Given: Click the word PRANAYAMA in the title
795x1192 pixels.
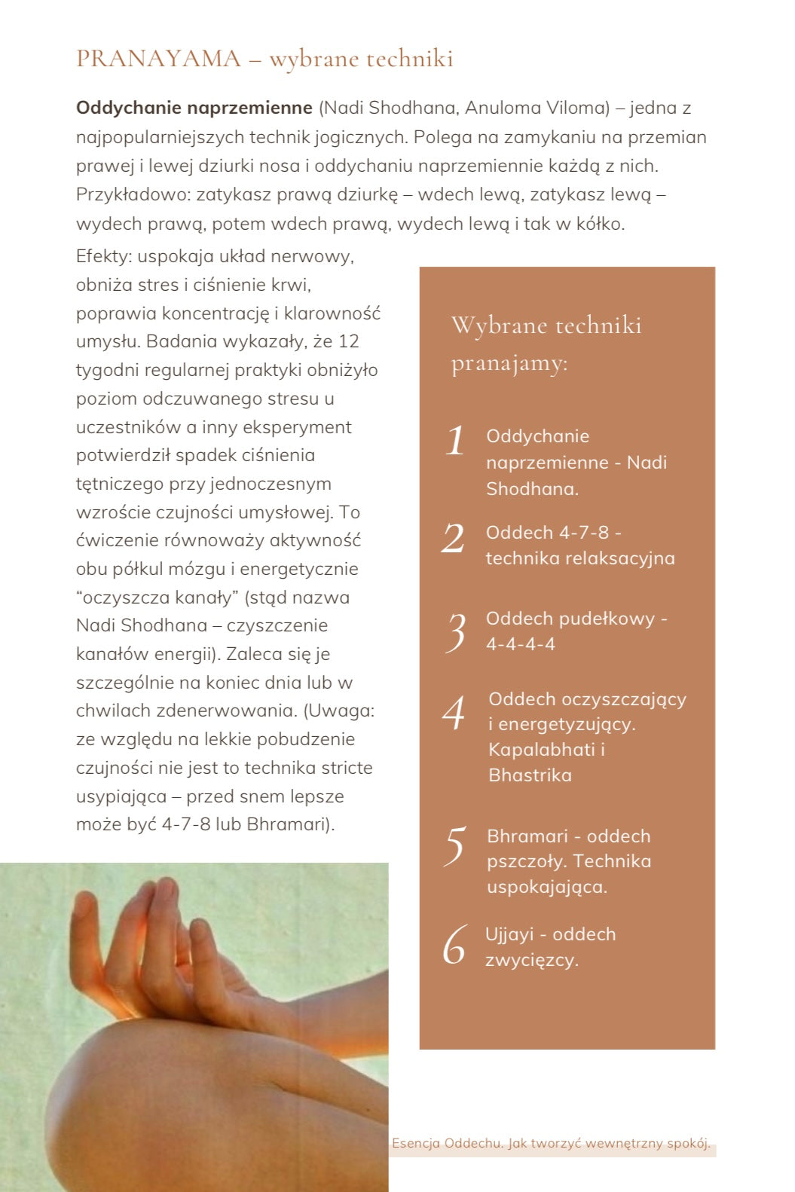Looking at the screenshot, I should coord(158,59).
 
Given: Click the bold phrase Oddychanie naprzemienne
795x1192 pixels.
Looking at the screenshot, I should coord(194,108).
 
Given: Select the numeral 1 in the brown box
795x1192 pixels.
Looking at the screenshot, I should coord(455,441).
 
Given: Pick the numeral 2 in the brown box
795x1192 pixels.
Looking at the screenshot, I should coord(454,539).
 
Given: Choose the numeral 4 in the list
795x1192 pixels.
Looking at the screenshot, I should coord(454,713).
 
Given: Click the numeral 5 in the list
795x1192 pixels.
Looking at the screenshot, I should coord(455,845).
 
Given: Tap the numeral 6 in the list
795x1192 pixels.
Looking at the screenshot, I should coord(455,945).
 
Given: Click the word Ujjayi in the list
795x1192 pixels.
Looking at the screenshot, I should coord(509,934).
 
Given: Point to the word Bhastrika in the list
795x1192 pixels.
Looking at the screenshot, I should coord(530,775).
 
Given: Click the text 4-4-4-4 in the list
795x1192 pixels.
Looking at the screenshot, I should coord(520,644).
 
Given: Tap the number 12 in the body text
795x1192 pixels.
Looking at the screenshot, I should coord(348,341).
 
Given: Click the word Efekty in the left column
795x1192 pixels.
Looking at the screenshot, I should coord(103,256).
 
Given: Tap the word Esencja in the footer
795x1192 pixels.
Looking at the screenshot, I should coord(415,1143).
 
